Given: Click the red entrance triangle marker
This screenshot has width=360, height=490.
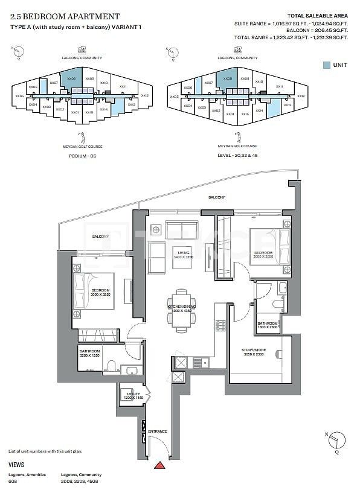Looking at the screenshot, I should [x=159, y=465].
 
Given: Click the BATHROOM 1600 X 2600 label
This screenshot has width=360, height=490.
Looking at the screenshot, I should [x=267, y=326].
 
